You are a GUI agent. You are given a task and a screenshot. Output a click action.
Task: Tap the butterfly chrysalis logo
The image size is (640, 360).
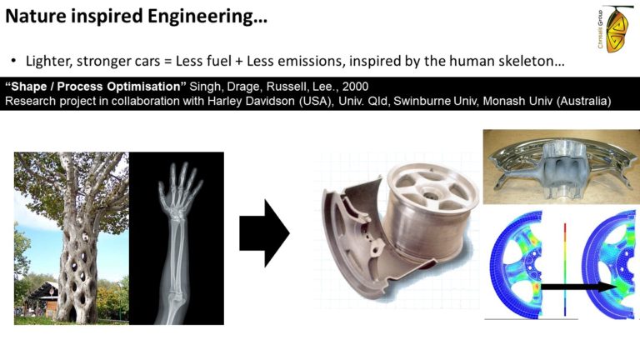click(615, 29)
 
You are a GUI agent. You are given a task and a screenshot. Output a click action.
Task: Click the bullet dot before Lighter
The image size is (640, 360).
click(13, 61)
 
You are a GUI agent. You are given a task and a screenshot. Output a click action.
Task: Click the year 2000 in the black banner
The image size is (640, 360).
click(355, 87)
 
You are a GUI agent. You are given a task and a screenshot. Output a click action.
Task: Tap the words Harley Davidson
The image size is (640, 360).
click(251, 101)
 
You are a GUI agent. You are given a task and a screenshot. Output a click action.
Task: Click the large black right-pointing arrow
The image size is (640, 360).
click(264, 233)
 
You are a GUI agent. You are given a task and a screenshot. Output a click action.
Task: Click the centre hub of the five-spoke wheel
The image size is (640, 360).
click(431, 192)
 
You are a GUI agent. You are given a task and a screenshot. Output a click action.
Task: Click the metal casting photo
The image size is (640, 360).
click(561, 167)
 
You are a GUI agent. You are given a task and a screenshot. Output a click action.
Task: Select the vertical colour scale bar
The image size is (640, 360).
click(565, 269)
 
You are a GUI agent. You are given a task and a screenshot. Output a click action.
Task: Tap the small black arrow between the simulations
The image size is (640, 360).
click(580, 287)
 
